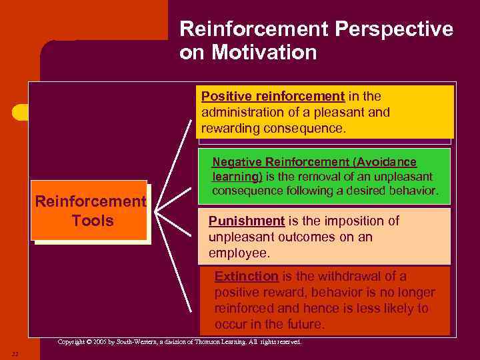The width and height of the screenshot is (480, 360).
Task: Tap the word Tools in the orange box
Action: (x=93, y=221)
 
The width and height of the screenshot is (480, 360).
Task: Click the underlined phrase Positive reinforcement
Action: (x=273, y=96)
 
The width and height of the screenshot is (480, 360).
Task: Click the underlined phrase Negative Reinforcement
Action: (x=281, y=162)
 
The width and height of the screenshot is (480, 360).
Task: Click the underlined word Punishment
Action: (x=246, y=221)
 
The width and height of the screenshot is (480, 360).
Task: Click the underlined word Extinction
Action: (x=246, y=277)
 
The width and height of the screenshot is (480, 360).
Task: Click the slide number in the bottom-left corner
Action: (x=15, y=353)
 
